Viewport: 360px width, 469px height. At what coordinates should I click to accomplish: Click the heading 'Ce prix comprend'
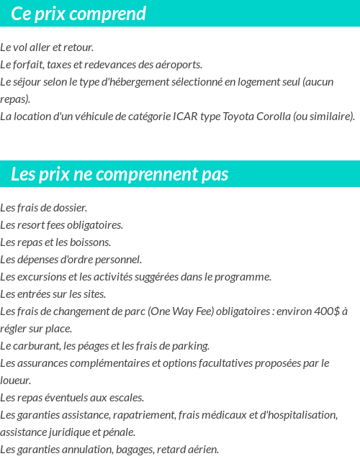(x=78, y=14)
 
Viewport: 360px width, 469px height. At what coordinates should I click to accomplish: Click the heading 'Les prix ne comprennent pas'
(x=120, y=174)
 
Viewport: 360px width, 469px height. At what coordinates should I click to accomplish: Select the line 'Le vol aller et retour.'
(x=47, y=47)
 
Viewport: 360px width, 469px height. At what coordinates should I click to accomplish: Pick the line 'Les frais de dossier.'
(x=44, y=208)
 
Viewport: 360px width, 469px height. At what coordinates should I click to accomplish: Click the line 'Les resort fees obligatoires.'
(x=61, y=225)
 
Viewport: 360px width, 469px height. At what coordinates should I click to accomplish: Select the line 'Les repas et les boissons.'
(x=55, y=242)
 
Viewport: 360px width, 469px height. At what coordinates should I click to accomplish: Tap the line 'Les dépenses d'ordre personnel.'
(x=71, y=260)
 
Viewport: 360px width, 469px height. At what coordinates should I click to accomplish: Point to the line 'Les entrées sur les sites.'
(x=53, y=294)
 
